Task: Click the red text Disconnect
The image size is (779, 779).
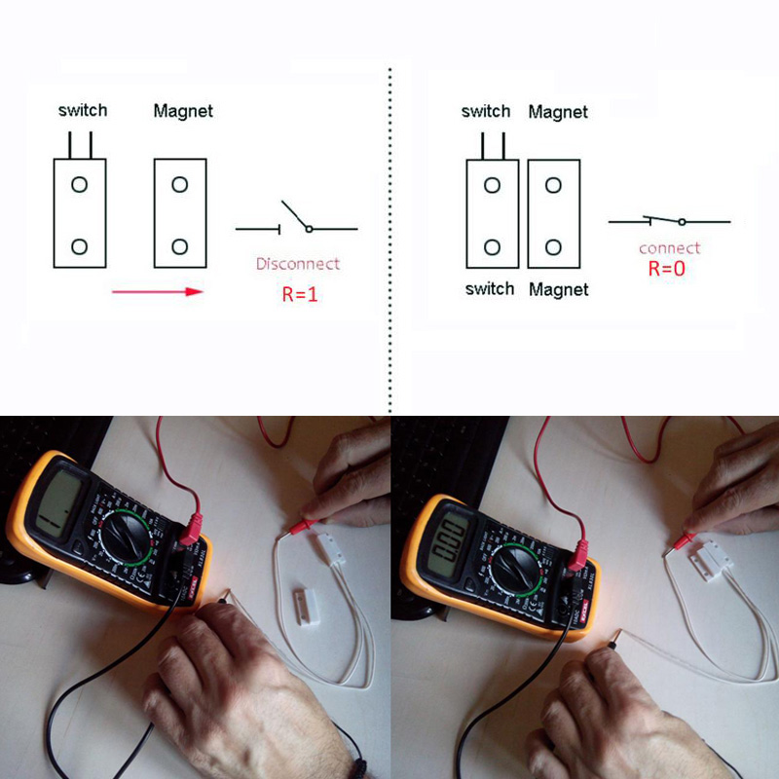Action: click(x=298, y=264)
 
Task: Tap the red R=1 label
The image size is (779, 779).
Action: click(x=300, y=293)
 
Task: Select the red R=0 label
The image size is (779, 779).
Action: click(x=667, y=269)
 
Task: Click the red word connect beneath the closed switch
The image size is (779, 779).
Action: click(x=669, y=248)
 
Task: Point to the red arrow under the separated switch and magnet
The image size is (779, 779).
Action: click(x=157, y=290)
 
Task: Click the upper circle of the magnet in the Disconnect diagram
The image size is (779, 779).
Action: click(x=180, y=184)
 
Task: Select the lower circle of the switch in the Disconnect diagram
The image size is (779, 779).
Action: click(x=80, y=246)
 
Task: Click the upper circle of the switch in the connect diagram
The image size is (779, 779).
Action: click(x=493, y=185)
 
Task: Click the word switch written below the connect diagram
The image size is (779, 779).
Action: click(x=489, y=289)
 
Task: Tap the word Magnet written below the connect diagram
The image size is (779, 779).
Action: click(x=558, y=289)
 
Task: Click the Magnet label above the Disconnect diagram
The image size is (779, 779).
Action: click(x=183, y=111)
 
